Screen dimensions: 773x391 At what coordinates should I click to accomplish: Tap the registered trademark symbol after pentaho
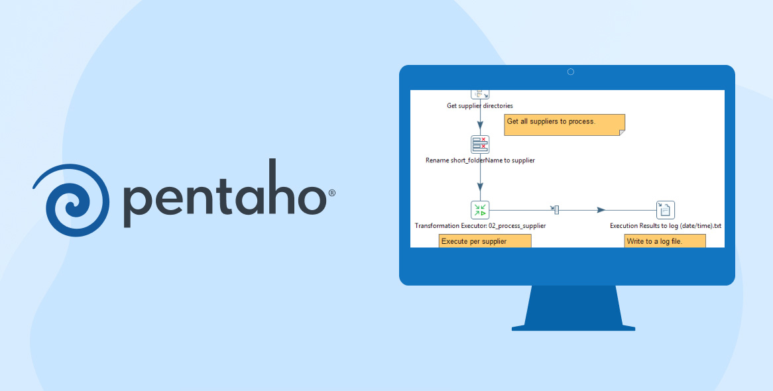pyautogui.click(x=331, y=193)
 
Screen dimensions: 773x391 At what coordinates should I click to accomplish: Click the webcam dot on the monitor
pyautogui.click(x=571, y=72)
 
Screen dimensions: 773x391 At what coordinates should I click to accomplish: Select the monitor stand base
pyautogui.click(x=573, y=327)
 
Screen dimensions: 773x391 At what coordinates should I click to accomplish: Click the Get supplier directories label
pyautogui.click(x=480, y=105)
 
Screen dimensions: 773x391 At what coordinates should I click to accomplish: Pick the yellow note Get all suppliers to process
pyautogui.click(x=564, y=125)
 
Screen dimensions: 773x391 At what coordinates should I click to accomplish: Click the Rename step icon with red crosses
pyautogui.click(x=480, y=144)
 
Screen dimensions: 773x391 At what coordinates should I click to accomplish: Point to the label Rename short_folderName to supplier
pyautogui.click(x=480, y=160)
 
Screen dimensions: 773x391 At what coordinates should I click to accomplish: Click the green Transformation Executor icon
pyautogui.click(x=480, y=210)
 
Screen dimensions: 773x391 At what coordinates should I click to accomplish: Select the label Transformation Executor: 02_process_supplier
pyautogui.click(x=480, y=226)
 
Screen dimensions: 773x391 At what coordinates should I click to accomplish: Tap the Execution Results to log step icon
pyautogui.click(x=666, y=210)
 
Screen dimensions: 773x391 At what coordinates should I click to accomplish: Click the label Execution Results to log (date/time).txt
pyautogui.click(x=666, y=226)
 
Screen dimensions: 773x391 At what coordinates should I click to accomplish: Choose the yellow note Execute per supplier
pyautogui.click(x=485, y=241)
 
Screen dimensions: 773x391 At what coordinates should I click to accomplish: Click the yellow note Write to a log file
pyautogui.click(x=665, y=241)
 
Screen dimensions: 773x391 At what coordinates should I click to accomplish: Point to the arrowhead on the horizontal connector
pyautogui.click(x=601, y=210)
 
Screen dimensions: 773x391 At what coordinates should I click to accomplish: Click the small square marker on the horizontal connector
pyautogui.click(x=556, y=210)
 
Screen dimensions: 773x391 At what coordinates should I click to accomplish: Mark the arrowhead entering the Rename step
pyautogui.click(x=480, y=125)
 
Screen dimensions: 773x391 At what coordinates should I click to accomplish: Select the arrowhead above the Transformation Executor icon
pyautogui.click(x=480, y=188)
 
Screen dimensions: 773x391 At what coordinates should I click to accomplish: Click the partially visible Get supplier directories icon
pyautogui.click(x=480, y=95)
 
